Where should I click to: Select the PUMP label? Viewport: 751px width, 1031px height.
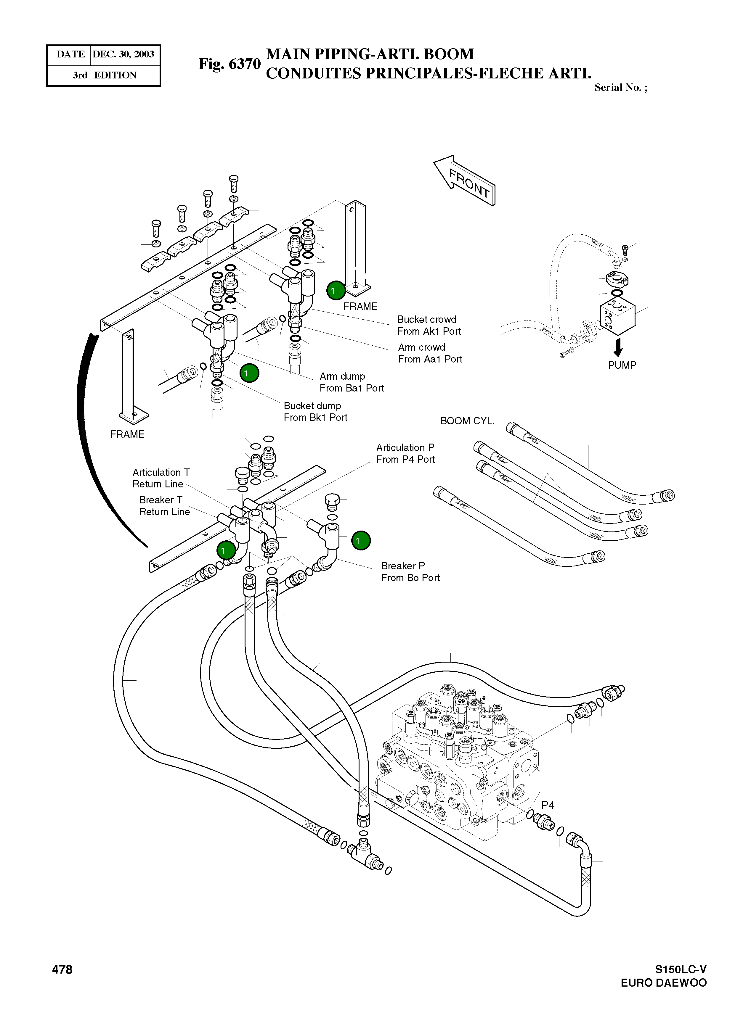[x=622, y=365]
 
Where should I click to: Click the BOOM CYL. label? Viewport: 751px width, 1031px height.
[x=467, y=421]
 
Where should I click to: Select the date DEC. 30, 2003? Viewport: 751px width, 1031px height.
[x=123, y=54]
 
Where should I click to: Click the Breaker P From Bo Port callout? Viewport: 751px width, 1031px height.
[x=410, y=572]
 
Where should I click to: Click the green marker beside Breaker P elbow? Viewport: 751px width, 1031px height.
[x=361, y=540]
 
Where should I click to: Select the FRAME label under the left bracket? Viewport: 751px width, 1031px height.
[x=127, y=434]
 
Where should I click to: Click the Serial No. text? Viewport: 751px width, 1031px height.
[x=620, y=88]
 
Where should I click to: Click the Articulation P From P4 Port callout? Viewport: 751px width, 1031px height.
[x=405, y=453]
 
